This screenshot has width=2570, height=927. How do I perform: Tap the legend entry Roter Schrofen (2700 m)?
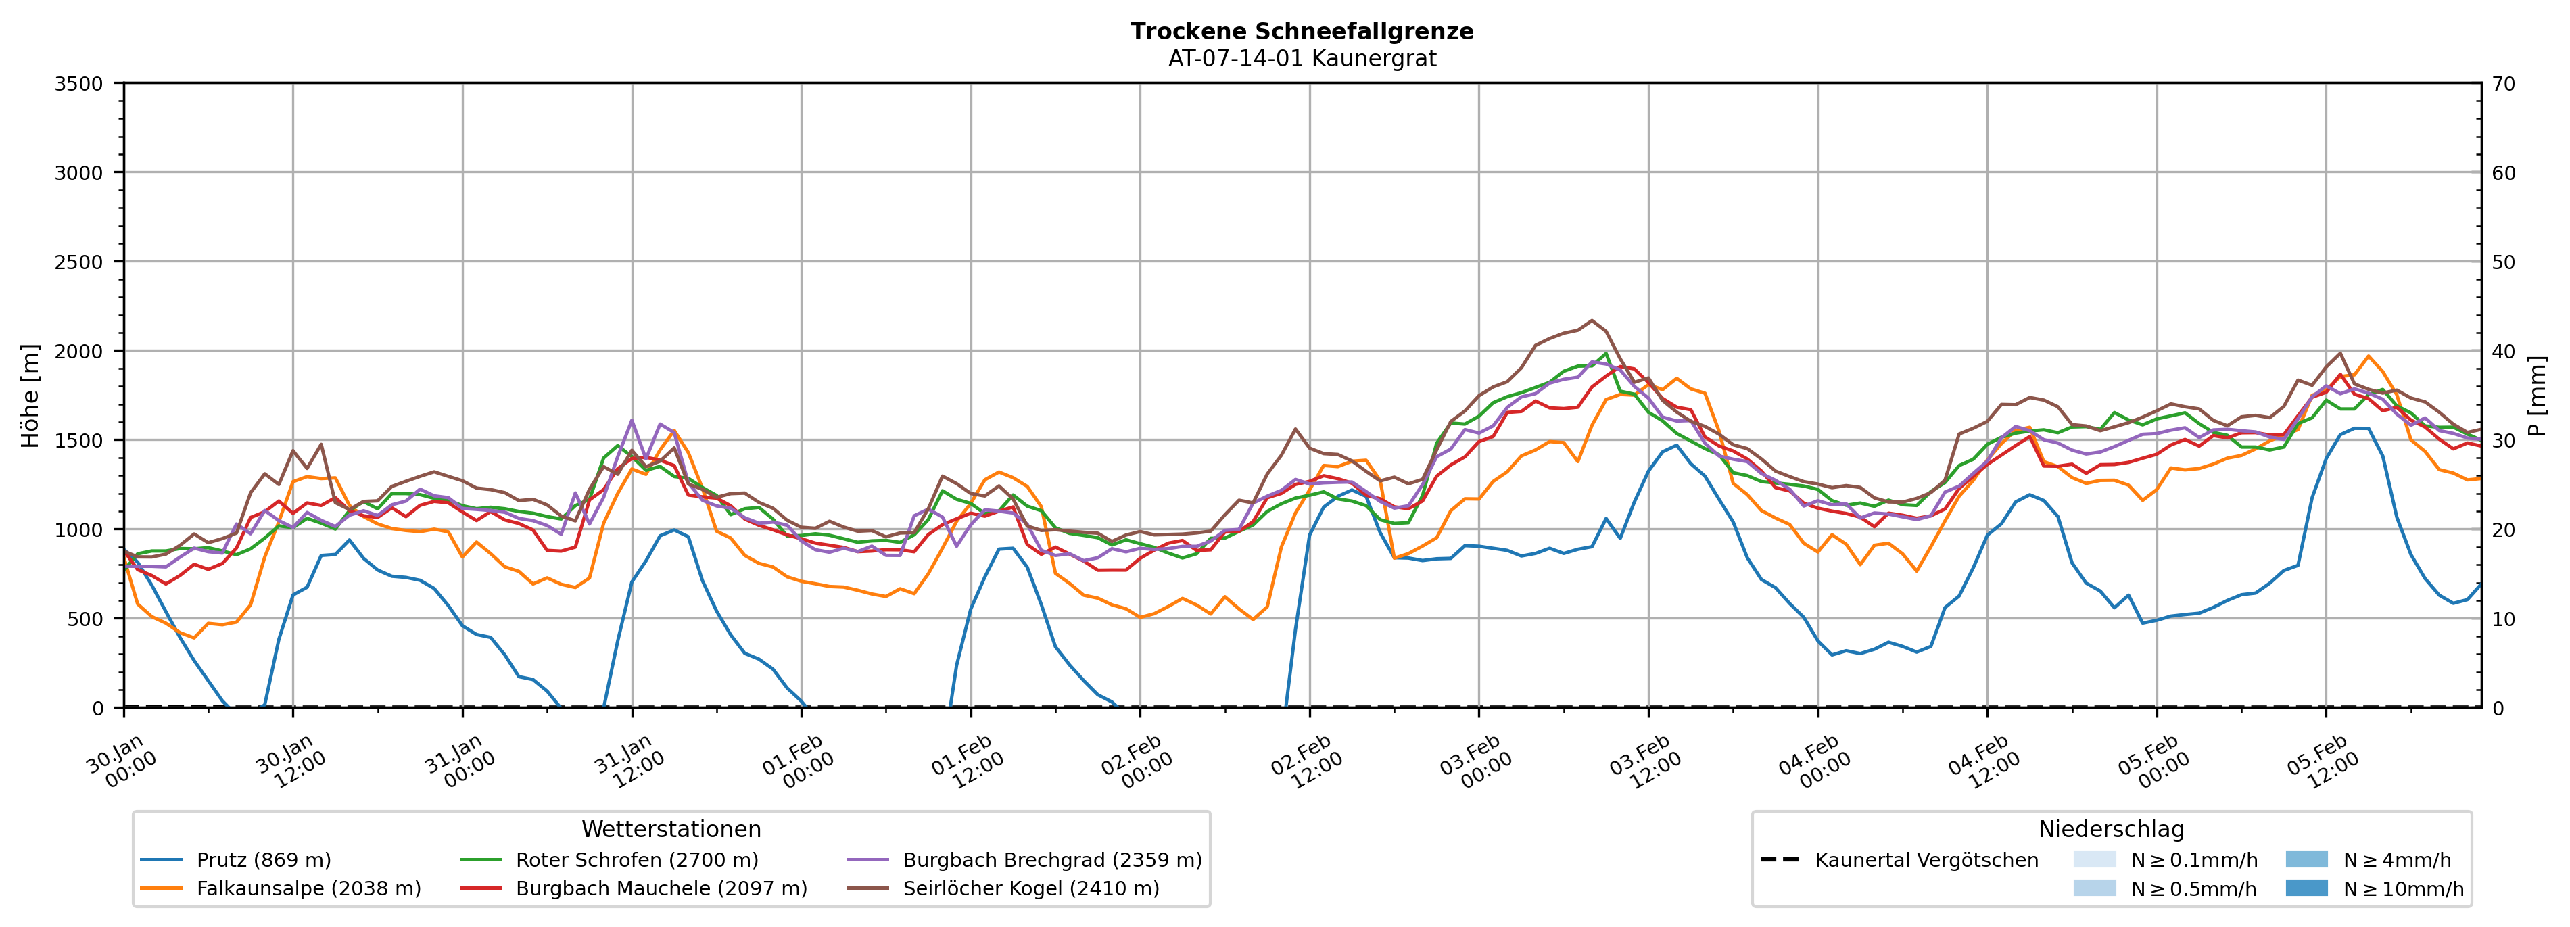636,860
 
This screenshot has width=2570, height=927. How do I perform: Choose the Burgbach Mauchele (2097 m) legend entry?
661,888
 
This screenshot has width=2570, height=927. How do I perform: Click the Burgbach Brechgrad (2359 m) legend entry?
1051,860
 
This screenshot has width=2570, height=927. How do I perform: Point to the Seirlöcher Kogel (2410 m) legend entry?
1030,888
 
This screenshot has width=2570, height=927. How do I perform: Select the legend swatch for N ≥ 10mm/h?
2306,888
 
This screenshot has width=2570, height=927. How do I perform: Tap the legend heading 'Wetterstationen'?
671,829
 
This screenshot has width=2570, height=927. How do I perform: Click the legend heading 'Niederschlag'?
2110,829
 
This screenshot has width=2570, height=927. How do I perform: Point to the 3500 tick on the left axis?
79,84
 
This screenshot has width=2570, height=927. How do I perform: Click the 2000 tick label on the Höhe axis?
79,351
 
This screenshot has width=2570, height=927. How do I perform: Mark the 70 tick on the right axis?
2503,84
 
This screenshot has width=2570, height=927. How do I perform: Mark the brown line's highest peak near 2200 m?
1591,320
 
